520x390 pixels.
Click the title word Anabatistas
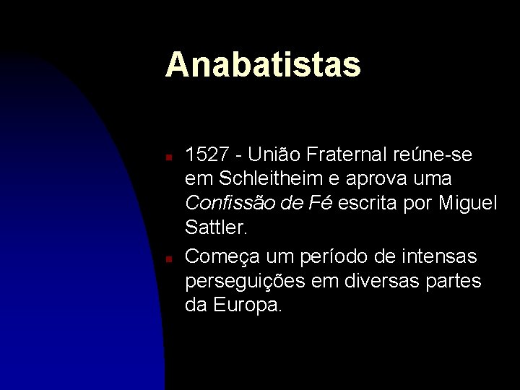(x=263, y=64)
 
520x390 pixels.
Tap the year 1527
(x=208, y=155)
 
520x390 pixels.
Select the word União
(x=276, y=155)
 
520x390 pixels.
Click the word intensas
(x=440, y=256)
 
